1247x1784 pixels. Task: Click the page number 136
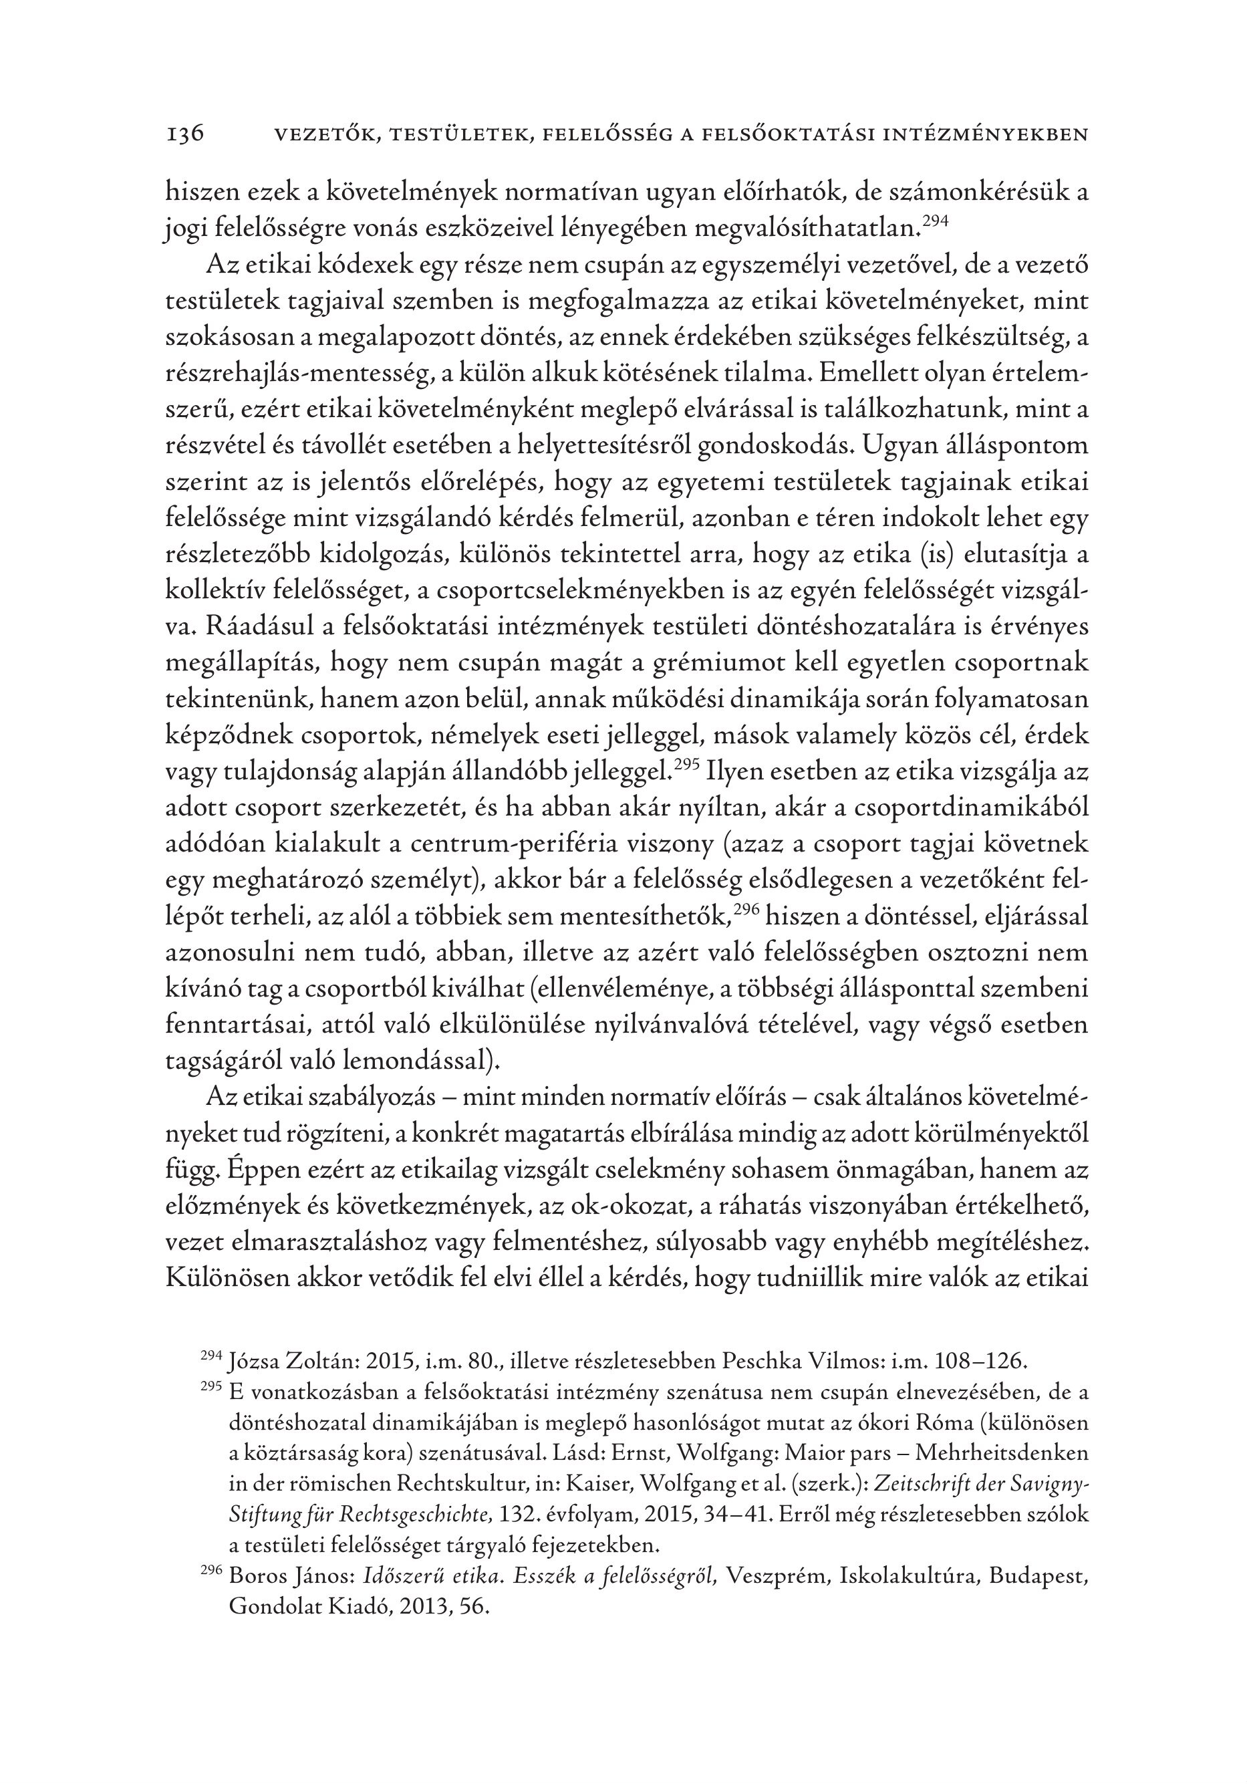coord(185,134)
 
